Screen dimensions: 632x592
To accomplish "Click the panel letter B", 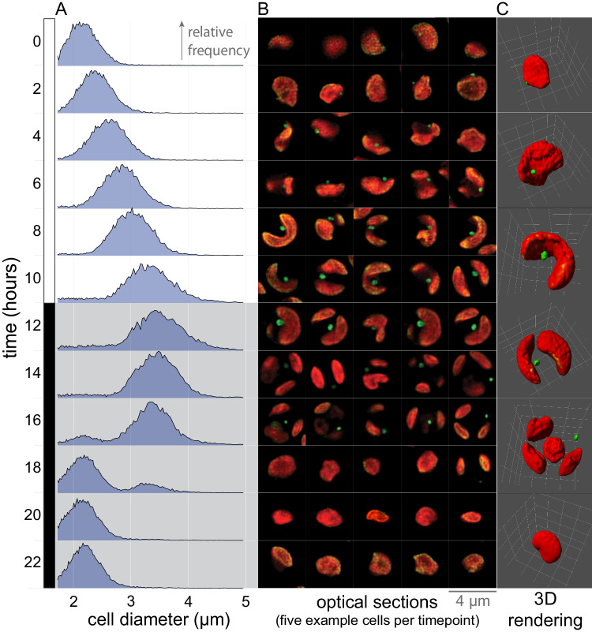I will tap(264, 8).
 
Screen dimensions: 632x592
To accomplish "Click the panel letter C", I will tap(503, 8).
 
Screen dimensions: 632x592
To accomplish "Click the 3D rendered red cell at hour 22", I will tap(547, 546).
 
